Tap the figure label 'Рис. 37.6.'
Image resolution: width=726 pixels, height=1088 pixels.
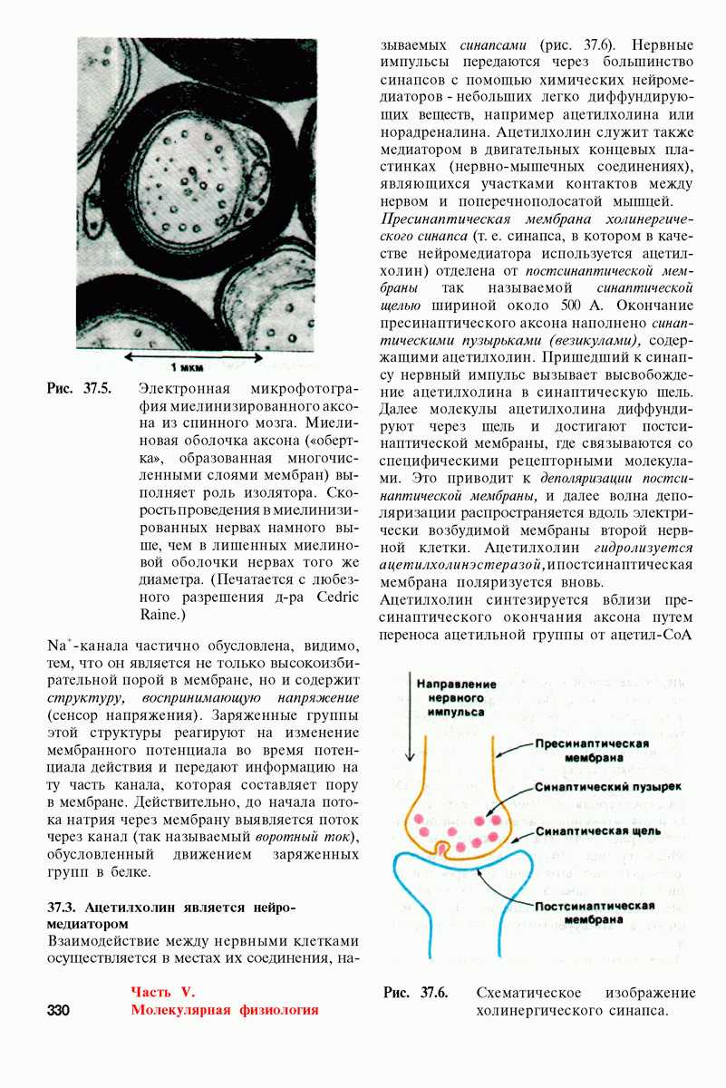pos(416,993)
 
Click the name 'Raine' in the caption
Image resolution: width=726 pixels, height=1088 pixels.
pos(163,614)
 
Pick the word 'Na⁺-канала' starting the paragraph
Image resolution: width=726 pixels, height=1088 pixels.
pos(85,647)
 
